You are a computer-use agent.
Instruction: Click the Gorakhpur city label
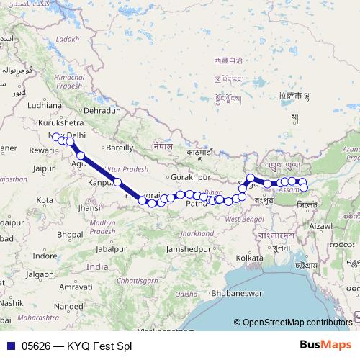(190, 176)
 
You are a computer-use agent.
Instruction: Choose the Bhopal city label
(71, 235)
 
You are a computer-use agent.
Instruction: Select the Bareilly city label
(120, 147)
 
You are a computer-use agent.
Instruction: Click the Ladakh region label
(66, 38)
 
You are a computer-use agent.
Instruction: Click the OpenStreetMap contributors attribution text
(297, 322)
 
